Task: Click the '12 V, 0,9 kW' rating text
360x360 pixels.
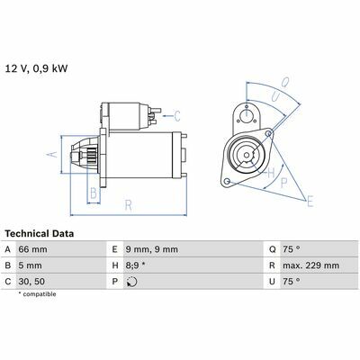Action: tap(37, 68)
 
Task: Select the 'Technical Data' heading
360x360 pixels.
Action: tap(40, 234)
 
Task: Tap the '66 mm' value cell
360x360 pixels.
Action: tap(32, 249)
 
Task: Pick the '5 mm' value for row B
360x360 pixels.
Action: tap(30, 265)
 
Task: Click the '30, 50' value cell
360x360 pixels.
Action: tap(31, 282)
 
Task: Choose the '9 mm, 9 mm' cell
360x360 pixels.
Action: tap(152, 249)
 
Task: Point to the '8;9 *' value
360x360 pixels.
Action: tap(136, 265)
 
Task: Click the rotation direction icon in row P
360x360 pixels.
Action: tap(131, 282)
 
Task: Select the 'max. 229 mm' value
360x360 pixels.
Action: tap(310, 265)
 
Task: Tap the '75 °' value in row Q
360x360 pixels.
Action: tap(291, 249)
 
